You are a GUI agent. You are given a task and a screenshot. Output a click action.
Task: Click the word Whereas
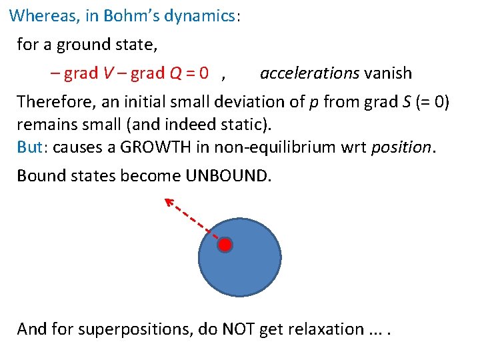point(42,15)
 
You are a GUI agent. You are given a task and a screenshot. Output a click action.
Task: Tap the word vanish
point(388,73)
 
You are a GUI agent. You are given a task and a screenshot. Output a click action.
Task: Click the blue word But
point(29,147)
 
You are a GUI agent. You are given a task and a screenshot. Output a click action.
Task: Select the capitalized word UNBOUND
point(229,176)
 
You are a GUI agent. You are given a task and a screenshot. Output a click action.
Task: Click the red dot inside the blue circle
point(225,245)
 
